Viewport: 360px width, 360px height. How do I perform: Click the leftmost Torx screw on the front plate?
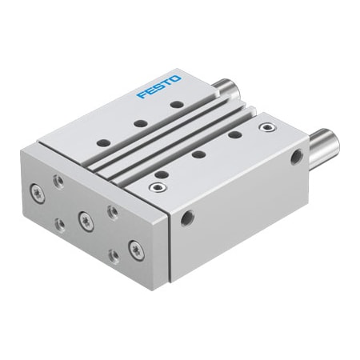(38, 192)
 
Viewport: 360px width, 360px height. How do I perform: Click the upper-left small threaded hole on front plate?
(59, 182)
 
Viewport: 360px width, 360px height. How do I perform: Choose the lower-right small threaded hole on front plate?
(111, 254)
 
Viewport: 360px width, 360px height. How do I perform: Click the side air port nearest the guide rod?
(297, 158)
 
